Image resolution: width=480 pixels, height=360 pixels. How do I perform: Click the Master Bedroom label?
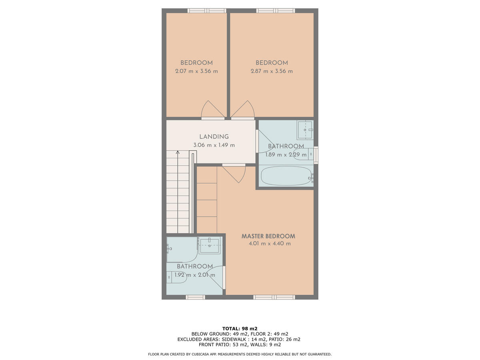(x=268, y=236)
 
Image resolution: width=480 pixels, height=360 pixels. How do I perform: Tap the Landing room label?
(x=214, y=137)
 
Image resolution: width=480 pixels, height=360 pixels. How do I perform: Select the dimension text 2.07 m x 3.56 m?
(x=196, y=71)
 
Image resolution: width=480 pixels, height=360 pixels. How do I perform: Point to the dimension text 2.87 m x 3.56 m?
(x=272, y=71)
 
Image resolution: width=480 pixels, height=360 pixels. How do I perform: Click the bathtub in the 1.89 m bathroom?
(x=286, y=176)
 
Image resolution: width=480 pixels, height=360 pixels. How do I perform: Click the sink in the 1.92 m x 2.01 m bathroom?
(x=209, y=245)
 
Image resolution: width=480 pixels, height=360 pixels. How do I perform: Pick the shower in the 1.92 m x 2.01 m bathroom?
(x=182, y=250)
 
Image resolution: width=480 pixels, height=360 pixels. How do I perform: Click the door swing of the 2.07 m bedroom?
(x=212, y=110)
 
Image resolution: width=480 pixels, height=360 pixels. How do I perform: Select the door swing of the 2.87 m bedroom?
(x=243, y=110)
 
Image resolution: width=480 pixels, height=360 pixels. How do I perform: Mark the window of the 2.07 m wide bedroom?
(x=207, y=11)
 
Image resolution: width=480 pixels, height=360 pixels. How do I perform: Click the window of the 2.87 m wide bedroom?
(x=276, y=11)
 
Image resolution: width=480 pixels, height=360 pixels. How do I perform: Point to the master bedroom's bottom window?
(x=274, y=297)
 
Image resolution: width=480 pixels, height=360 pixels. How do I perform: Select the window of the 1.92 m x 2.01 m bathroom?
(x=195, y=297)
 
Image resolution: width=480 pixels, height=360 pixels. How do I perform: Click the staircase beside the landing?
(x=178, y=192)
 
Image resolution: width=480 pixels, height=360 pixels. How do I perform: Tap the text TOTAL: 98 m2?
(x=240, y=328)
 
